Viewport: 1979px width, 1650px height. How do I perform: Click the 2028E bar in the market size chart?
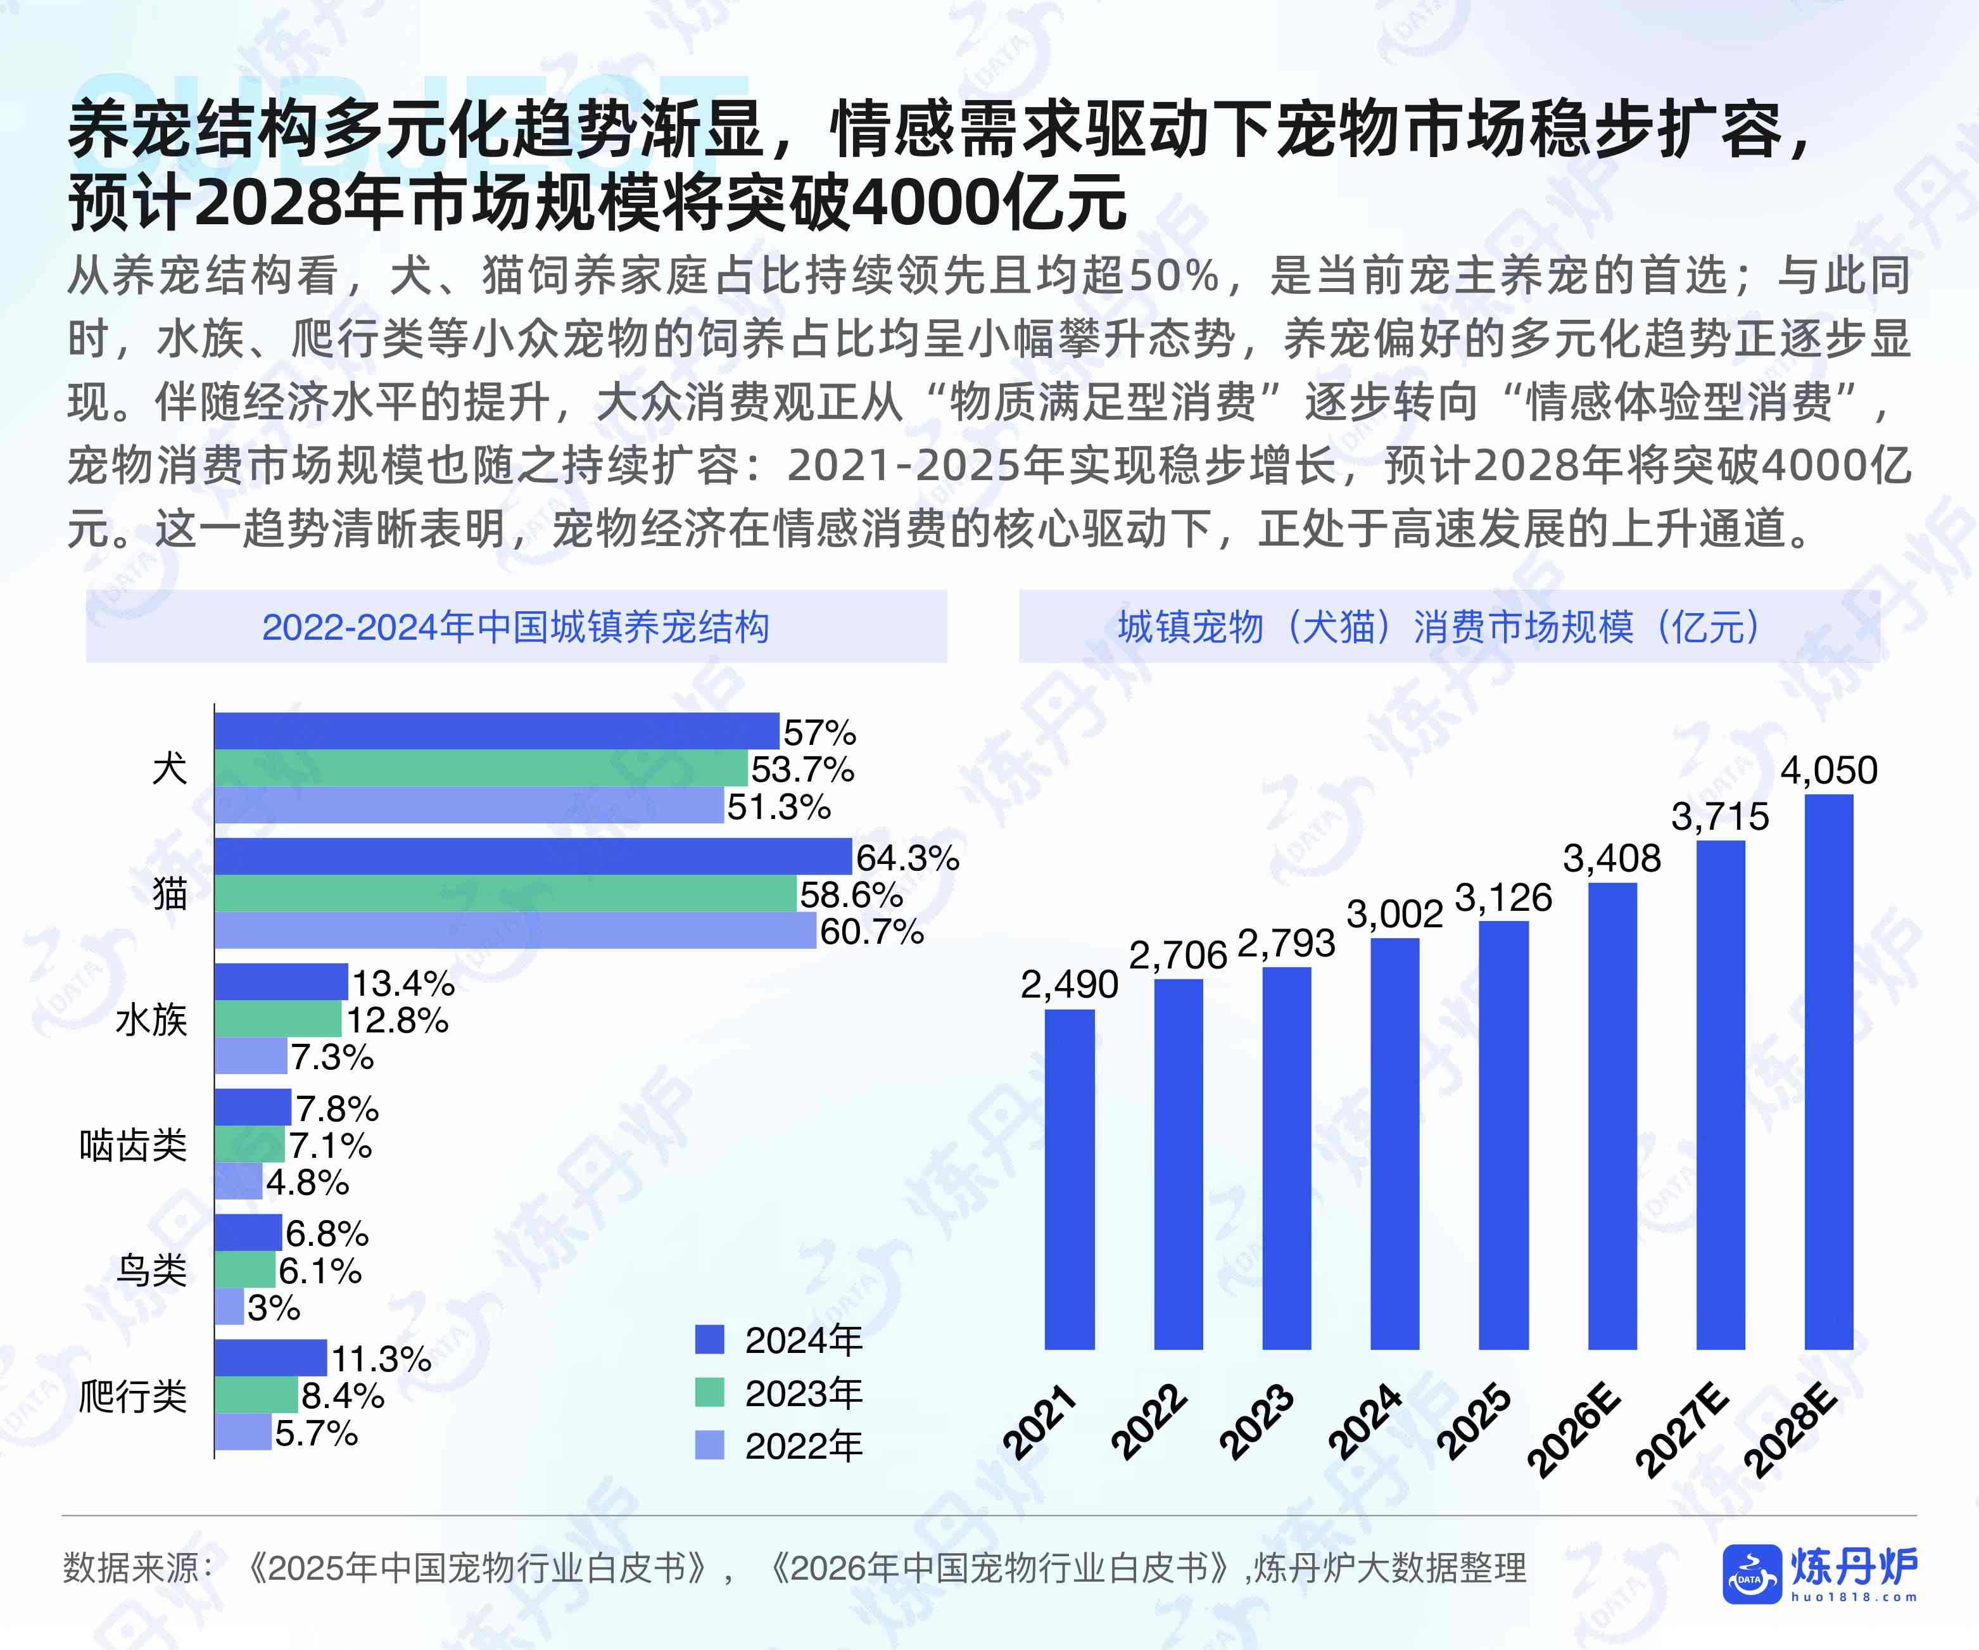(1828, 1072)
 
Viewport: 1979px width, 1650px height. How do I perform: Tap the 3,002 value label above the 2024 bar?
(1394, 914)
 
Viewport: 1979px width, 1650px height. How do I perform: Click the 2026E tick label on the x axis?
(1573, 1430)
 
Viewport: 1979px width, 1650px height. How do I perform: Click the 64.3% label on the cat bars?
(907, 858)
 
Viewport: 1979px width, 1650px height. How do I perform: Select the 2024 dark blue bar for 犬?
(496, 731)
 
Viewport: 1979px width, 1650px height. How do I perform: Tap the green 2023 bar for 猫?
(505, 893)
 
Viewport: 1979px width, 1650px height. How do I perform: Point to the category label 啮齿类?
(133, 1145)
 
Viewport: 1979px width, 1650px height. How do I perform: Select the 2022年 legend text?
(803, 1445)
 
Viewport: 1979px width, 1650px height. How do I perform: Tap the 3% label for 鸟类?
(274, 1308)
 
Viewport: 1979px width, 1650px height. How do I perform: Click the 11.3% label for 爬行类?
(381, 1359)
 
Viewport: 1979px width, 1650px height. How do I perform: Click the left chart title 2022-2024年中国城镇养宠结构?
(515, 626)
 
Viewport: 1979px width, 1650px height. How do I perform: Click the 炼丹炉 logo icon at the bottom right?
(1750, 1573)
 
